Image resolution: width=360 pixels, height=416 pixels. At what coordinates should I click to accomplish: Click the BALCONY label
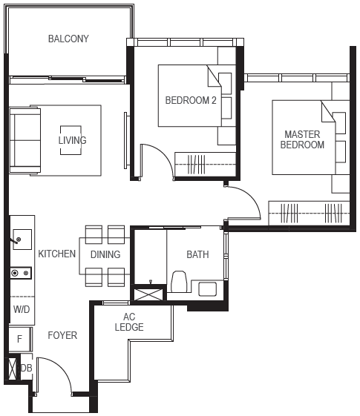click(x=68, y=39)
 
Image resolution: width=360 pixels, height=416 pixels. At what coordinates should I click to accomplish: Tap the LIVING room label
click(x=72, y=140)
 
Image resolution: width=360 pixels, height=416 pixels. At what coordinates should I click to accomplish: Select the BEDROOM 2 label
click(x=191, y=100)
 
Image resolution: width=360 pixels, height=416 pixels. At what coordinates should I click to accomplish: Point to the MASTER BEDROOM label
click(x=302, y=139)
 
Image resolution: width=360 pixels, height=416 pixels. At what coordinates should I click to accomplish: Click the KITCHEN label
click(x=57, y=254)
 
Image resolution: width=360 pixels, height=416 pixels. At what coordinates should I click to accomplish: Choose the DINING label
click(x=105, y=254)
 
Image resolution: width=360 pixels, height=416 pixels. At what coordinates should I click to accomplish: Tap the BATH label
click(x=197, y=254)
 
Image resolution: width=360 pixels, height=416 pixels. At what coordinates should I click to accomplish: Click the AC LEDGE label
click(x=129, y=322)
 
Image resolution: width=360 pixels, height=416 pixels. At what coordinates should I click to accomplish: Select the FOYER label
click(x=62, y=335)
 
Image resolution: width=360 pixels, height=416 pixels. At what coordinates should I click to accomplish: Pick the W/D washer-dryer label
click(x=22, y=309)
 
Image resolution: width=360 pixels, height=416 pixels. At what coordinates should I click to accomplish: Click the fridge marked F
click(x=20, y=340)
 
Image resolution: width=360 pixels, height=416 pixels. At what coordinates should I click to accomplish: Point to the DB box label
click(x=26, y=368)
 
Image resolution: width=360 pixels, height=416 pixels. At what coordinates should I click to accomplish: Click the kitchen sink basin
click(x=22, y=240)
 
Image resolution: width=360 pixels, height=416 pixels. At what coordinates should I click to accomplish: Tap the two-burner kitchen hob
click(x=21, y=273)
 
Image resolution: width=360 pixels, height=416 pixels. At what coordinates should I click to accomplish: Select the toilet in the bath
click(x=179, y=282)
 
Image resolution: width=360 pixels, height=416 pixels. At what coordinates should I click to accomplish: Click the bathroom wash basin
click(x=207, y=289)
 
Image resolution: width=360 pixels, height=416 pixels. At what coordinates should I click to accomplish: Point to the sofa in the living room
click(x=24, y=140)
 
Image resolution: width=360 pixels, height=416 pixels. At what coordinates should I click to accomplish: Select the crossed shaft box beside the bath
click(x=148, y=294)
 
